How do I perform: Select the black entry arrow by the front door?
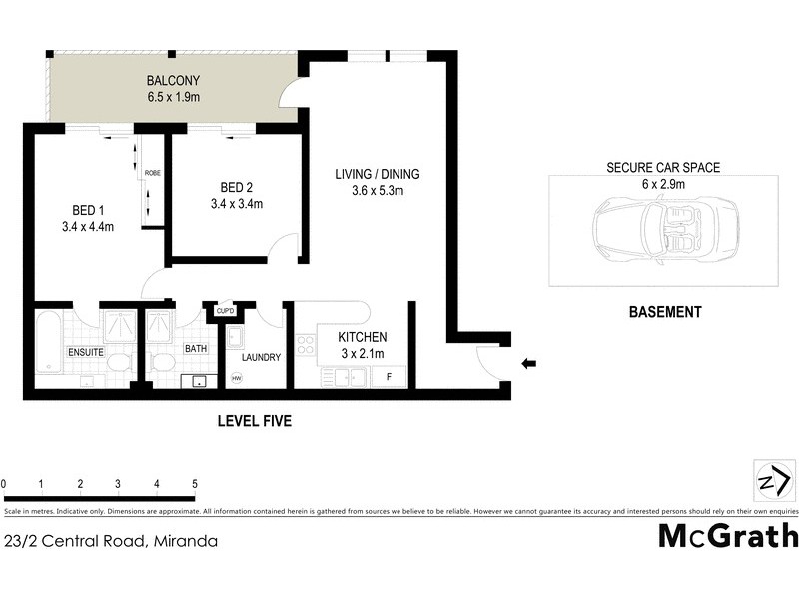coord(528,364)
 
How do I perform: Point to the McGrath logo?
coord(728,536)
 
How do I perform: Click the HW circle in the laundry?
coord(237,378)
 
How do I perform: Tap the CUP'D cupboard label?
coord(225,311)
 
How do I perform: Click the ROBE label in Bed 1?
coord(152,173)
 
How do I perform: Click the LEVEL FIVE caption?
coord(254,422)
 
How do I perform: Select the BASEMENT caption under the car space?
coord(664,312)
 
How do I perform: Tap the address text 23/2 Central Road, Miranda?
coord(110,543)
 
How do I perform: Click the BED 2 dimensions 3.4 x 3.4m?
coord(237,205)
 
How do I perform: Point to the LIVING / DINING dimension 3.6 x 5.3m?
coord(377,191)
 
